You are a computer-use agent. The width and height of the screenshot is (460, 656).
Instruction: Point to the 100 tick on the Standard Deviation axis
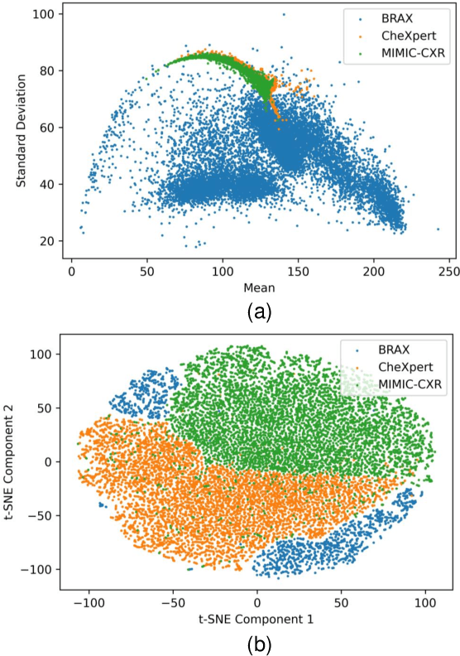(49, 15)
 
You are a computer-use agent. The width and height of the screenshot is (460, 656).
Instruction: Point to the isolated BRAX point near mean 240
(438, 229)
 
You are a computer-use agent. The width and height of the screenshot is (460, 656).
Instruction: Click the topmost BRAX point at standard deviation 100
(284, 14)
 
